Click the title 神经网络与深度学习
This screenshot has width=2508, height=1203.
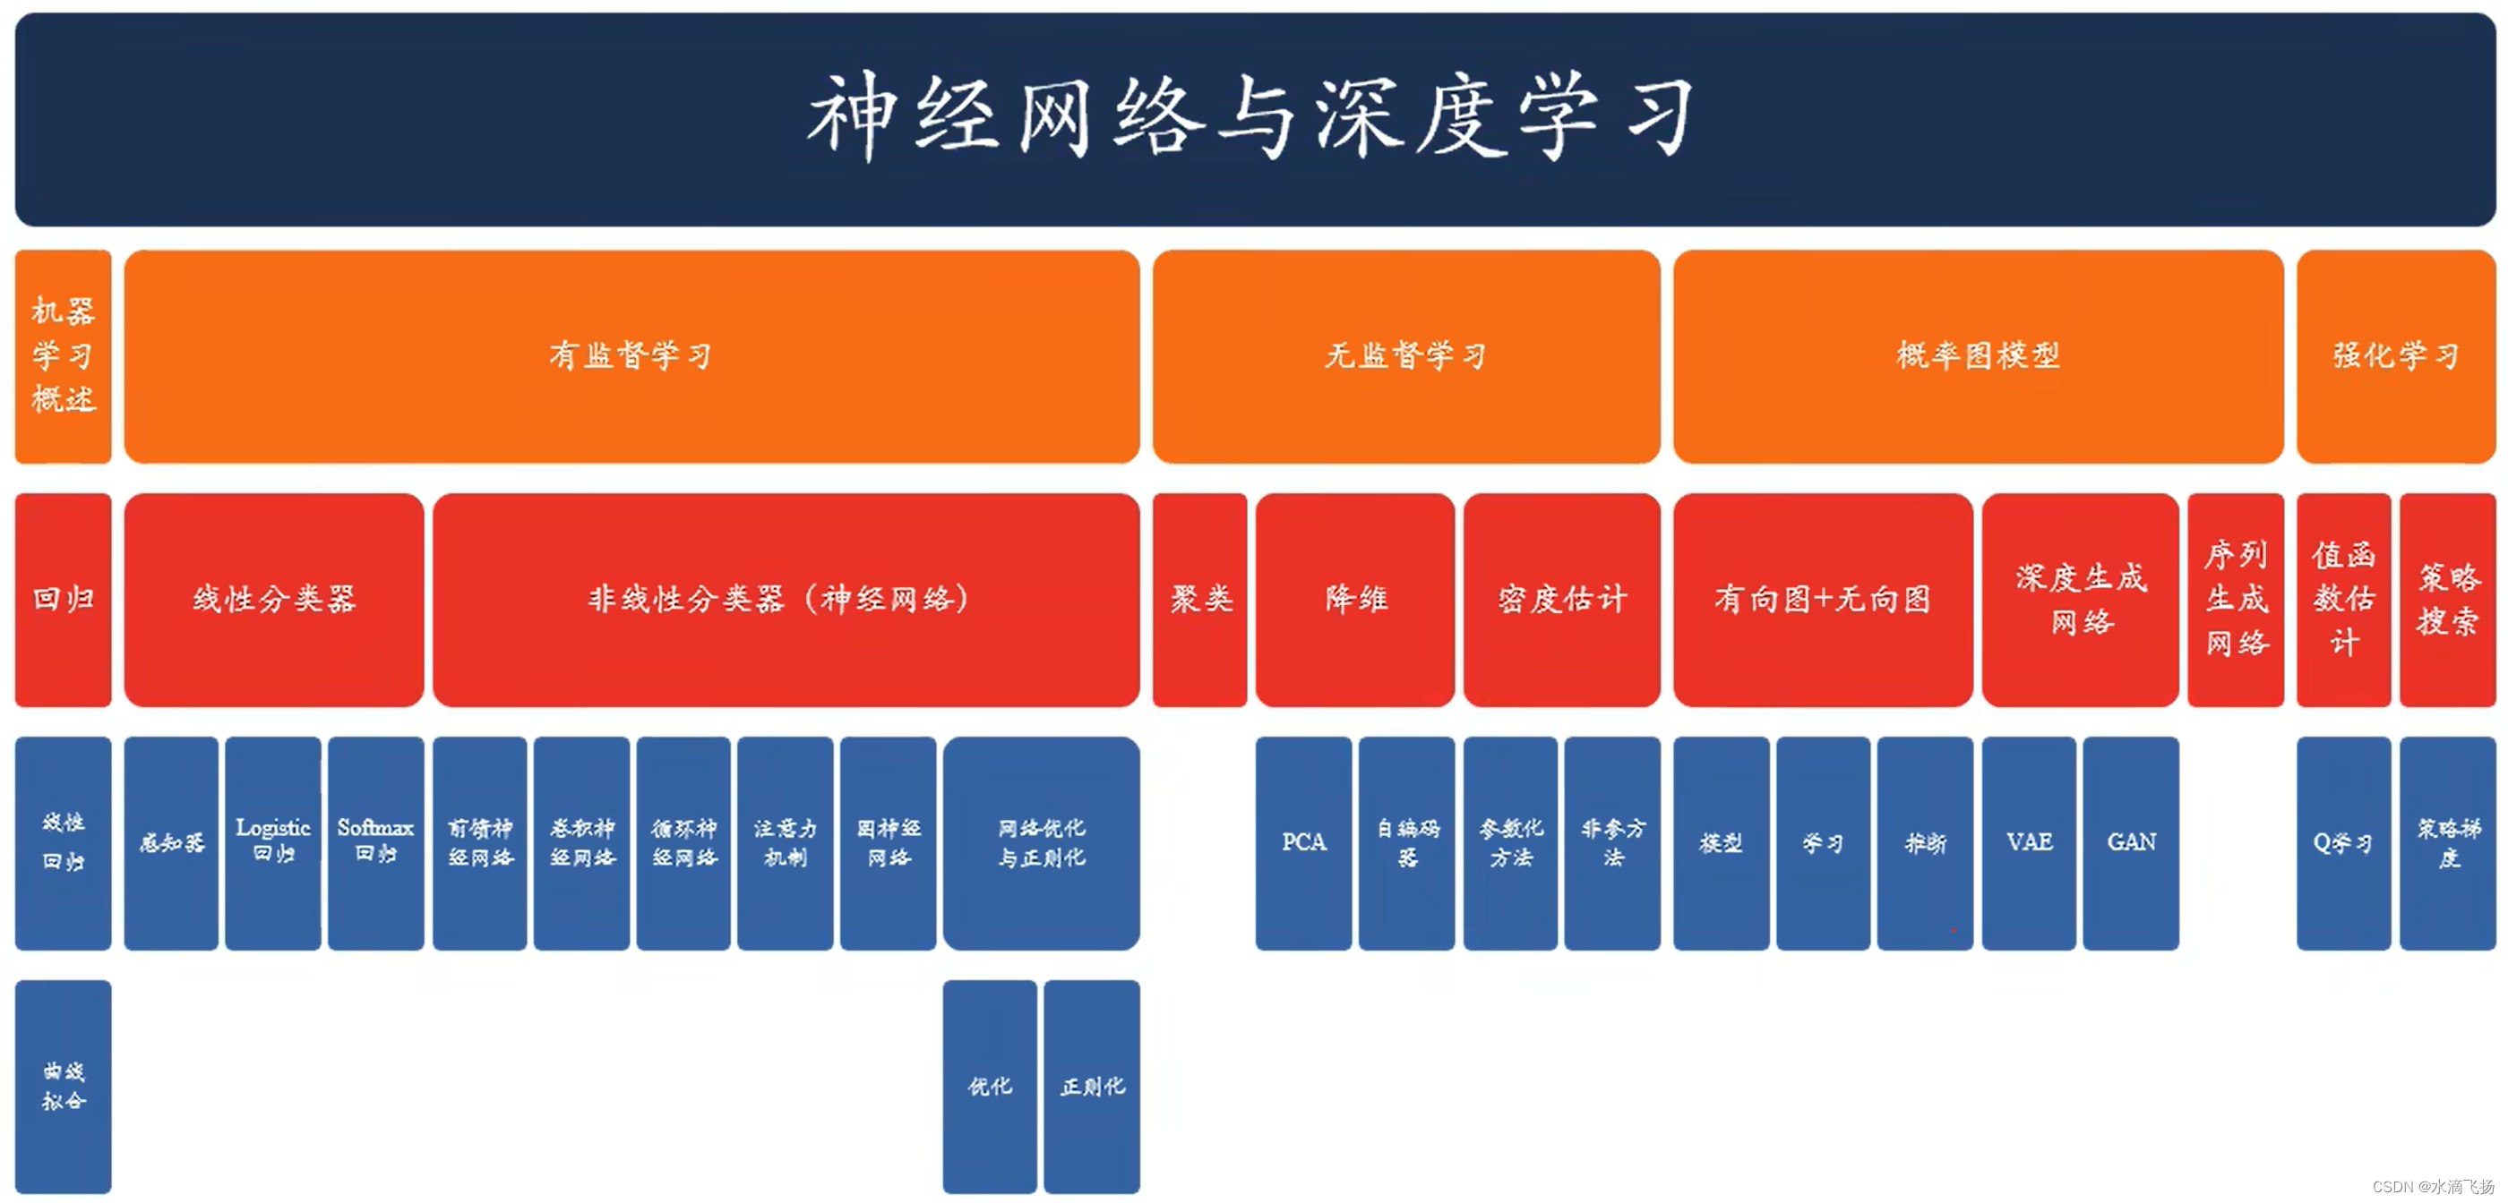pos(1252,116)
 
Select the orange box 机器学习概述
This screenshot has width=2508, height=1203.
pos(64,355)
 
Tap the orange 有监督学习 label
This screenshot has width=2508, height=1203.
pos(631,355)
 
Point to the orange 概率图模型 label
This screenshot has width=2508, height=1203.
pos(1978,355)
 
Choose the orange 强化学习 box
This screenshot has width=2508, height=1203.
pos(2395,355)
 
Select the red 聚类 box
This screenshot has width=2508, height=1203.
pos(1199,599)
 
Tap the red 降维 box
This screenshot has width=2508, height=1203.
pos(1354,599)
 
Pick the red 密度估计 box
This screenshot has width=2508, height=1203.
pos(1561,599)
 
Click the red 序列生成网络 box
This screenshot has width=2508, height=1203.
pos(2236,599)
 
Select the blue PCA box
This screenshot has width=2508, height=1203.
pos(1303,842)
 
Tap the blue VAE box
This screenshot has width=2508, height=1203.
pos(2029,842)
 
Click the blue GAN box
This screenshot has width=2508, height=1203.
pos(2131,842)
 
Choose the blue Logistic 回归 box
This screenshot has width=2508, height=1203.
pos(272,842)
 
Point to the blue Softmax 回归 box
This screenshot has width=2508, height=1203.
pos(376,842)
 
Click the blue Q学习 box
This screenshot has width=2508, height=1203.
pos(2343,842)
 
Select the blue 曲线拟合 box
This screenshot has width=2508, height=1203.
pos(64,1085)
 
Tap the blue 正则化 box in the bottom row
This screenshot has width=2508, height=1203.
pos(1091,1085)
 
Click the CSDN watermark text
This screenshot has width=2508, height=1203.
pos(2432,1187)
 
